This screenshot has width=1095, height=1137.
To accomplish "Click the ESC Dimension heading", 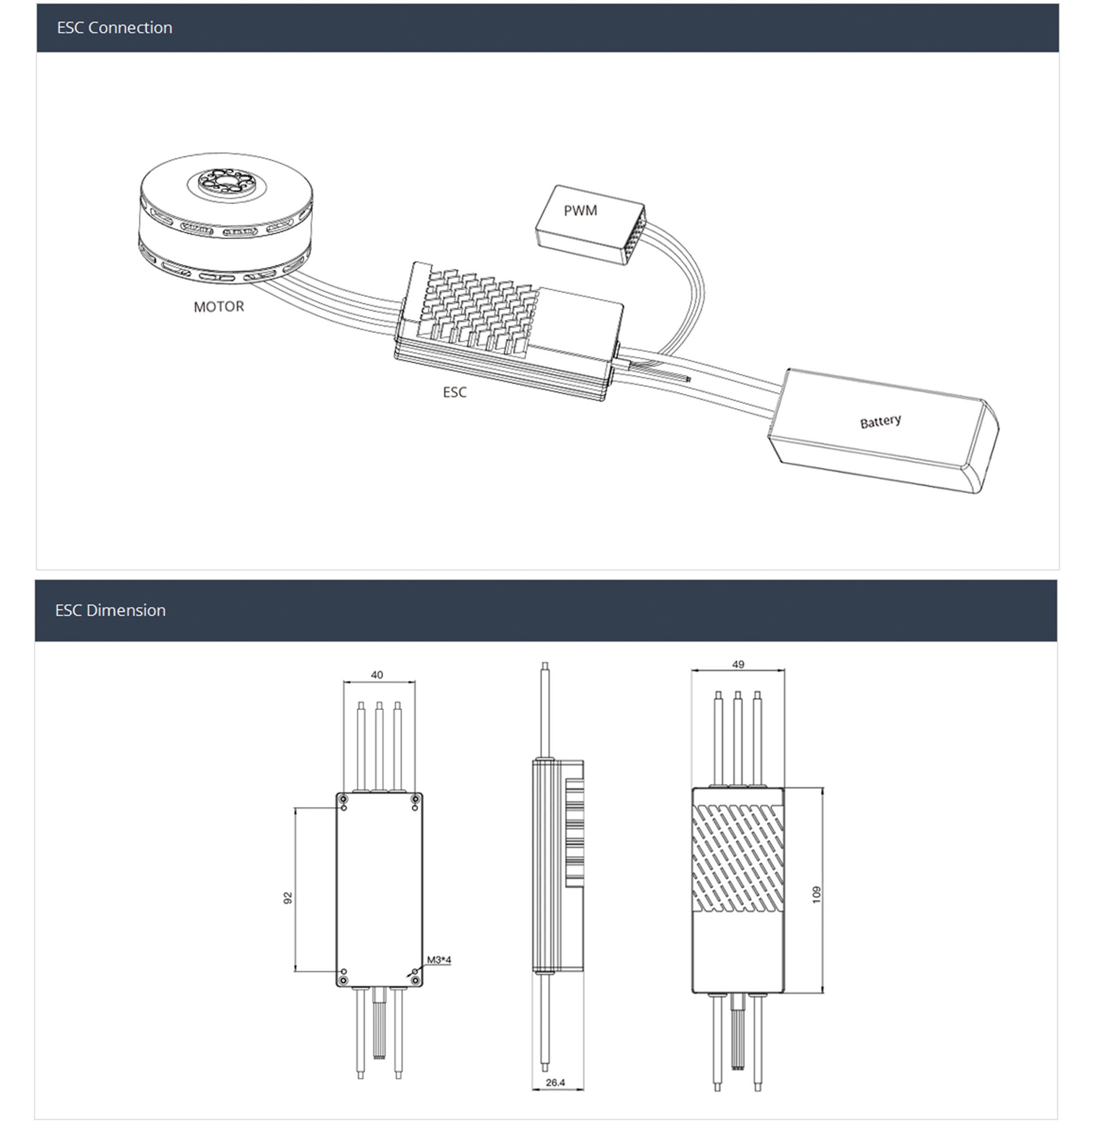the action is pos(110,610).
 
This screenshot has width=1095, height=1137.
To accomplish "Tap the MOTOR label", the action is pos(219,306).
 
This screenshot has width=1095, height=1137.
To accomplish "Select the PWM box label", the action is pos(580,211).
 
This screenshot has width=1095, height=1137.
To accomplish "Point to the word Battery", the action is pos(880,421).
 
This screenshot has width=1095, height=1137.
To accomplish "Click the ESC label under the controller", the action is pos(454,392).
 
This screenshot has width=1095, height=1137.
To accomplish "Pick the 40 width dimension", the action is pos(377,675).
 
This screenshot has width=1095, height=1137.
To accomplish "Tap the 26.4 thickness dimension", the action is pos(555,1083).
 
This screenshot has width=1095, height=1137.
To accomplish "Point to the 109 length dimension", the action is pos(816,895).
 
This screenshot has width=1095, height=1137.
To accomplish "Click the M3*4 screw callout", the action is pos(439,960).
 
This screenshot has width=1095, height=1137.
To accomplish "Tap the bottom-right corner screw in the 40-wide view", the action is pos(415,981).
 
